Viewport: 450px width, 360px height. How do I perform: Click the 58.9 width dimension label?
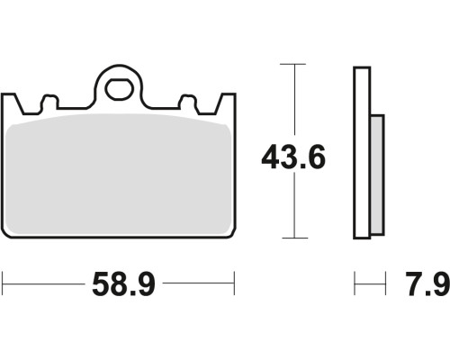[123, 284]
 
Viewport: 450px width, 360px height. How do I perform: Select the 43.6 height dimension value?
[293, 157]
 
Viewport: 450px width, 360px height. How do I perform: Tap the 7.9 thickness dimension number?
[427, 284]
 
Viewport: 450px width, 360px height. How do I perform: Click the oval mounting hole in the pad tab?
[119, 89]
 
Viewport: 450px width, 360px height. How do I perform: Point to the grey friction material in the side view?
[377, 175]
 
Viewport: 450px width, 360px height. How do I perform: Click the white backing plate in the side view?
[362, 153]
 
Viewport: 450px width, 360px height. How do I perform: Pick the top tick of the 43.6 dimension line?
[292, 64]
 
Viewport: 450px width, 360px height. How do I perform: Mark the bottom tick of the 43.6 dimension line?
[295, 238]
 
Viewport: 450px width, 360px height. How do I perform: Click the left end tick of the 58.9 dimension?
[3, 283]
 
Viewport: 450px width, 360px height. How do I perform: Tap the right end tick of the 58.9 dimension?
[234, 283]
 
